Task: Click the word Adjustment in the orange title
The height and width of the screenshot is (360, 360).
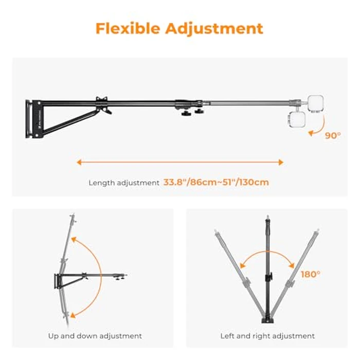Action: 214,29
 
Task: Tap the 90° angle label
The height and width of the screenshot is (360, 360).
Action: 333,136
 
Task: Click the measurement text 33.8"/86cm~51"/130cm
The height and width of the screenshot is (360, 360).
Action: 216,182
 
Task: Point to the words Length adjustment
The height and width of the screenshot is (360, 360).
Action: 124,183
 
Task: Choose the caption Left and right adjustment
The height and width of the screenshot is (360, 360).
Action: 267,336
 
